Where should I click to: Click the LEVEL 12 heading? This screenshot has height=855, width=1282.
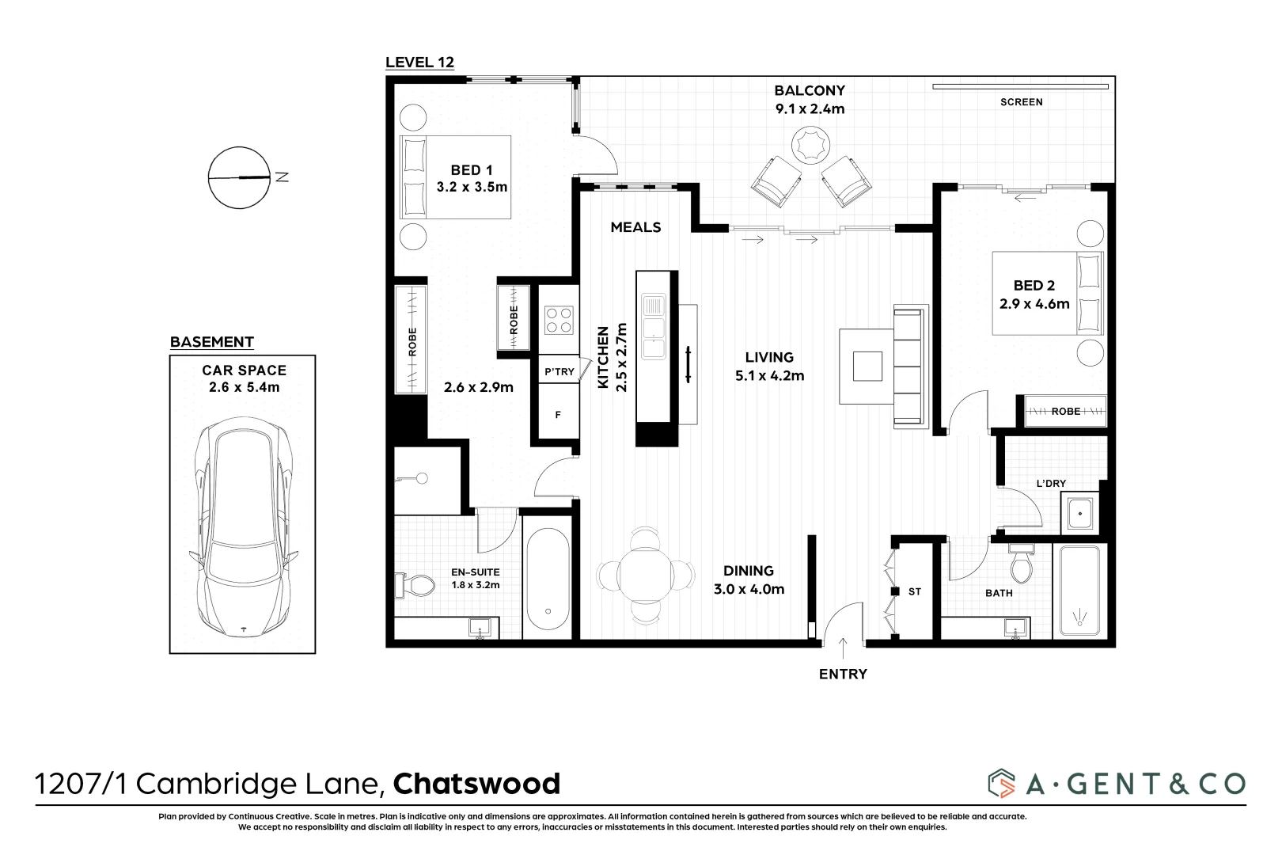pos(419,63)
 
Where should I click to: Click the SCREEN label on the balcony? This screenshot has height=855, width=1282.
pos(1021,102)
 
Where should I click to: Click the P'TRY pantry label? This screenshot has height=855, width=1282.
pos(559,371)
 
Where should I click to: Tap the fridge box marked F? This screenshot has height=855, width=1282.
pos(558,415)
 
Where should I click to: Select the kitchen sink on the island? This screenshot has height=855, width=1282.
pos(654,326)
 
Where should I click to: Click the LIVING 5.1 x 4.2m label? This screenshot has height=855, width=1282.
pos(769,367)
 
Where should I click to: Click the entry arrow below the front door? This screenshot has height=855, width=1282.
pos(843,648)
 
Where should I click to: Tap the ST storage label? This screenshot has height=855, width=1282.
pos(915,591)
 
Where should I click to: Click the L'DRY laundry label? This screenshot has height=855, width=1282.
pos(1051,484)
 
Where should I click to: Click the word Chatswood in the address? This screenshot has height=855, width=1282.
pos(476,784)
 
